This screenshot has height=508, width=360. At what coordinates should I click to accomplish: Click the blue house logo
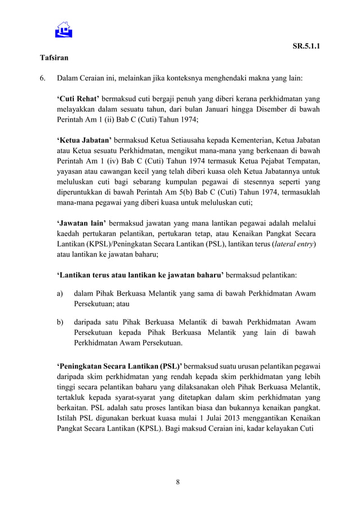click(63, 29)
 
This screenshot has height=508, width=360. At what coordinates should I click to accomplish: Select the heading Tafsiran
click(54, 58)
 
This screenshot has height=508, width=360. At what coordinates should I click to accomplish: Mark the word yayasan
click(71, 170)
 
